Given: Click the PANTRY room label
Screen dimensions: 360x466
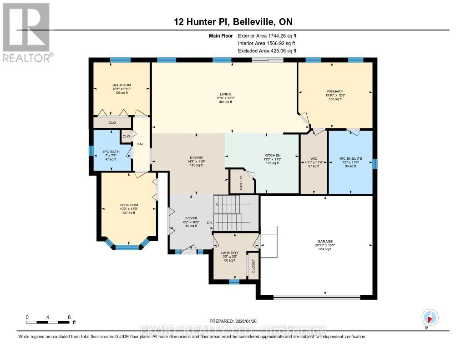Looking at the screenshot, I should tap(241, 183).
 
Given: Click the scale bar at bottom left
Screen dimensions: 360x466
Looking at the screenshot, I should tap(48, 322).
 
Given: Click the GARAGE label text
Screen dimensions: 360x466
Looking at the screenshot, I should tap(325, 241).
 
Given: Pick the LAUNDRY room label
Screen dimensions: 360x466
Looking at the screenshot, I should tap(230, 253).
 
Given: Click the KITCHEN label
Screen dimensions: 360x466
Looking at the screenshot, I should tap(273, 155).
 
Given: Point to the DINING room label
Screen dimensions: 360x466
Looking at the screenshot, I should tap(197, 157).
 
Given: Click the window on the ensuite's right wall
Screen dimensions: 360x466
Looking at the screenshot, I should tap(375, 163).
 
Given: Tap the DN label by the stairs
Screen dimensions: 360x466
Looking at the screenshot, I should tap(209, 223).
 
